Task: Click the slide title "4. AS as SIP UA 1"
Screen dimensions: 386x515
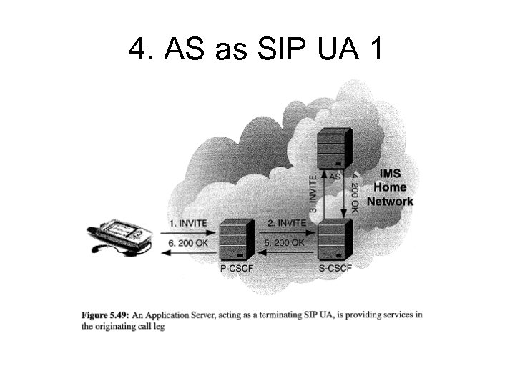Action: pyautogui.click(x=257, y=49)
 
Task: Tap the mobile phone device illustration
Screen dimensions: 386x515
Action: pyautogui.click(x=122, y=237)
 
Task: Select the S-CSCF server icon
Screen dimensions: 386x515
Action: pyautogui.click(x=334, y=242)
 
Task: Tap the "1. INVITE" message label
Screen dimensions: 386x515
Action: pyautogui.click(x=188, y=223)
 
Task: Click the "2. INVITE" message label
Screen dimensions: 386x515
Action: pyautogui.click(x=286, y=223)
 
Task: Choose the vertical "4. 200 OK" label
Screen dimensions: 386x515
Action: pyautogui.click(x=355, y=187)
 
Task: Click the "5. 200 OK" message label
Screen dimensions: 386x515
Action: pyautogui.click(x=285, y=242)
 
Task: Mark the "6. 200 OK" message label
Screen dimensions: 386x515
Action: pyautogui.click(x=188, y=242)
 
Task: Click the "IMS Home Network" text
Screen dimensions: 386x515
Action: pyautogui.click(x=390, y=188)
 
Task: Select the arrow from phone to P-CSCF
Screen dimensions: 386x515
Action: pyautogui.click(x=190, y=230)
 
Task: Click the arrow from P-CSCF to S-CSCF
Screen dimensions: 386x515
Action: pyautogui.click(x=286, y=230)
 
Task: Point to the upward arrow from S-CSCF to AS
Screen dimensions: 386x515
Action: pyautogui.click(x=326, y=197)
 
